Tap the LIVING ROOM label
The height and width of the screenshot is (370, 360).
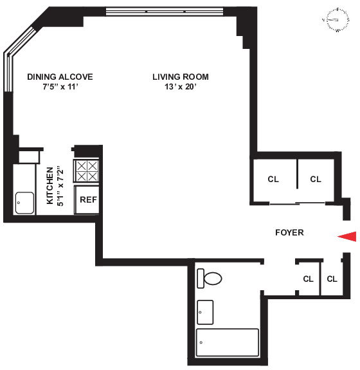point(180,77)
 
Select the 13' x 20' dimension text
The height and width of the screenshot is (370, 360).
point(180,88)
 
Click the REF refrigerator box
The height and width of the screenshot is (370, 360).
point(87,199)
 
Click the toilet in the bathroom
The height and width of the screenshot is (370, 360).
point(210,279)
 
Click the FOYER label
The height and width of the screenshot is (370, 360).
point(289,232)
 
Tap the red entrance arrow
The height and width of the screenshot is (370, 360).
point(347,237)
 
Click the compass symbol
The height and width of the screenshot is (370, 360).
point(336,20)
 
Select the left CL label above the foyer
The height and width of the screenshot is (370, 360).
point(273,180)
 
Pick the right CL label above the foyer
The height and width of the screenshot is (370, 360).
point(315,180)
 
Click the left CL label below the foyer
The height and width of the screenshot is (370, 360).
point(308,279)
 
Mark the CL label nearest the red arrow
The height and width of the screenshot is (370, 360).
point(332,279)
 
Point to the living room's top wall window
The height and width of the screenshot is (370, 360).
point(156,12)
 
